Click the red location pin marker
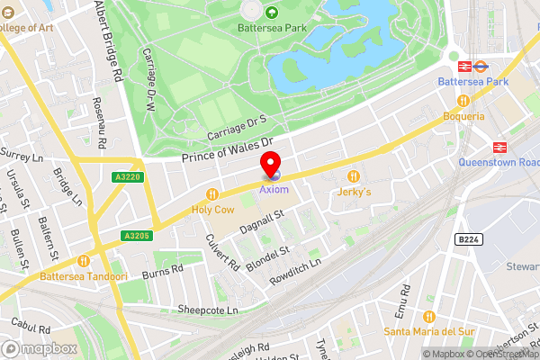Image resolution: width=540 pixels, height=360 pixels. click(x=270, y=165)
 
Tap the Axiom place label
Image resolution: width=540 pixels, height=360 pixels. click(x=274, y=190)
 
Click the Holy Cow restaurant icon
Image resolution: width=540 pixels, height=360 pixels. click(x=212, y=193)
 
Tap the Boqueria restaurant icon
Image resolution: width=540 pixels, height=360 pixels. click(x=463, y=101)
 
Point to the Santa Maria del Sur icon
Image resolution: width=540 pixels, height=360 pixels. click(x=427, y=316)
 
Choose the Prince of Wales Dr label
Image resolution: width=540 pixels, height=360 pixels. click(x=226, y=151)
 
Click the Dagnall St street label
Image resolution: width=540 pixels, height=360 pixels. click(x=262, y=221)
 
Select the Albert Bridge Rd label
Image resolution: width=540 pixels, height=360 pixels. click(x=108, y=40)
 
